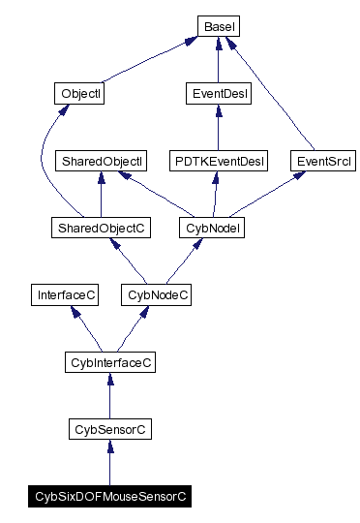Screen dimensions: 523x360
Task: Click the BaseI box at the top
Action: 217,26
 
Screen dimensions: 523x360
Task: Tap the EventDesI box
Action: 217,94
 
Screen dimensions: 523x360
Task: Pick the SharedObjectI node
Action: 102,161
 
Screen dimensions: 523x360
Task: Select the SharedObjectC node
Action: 102,229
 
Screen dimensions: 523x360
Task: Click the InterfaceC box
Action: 64,295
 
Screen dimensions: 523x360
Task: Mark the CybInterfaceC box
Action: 109,363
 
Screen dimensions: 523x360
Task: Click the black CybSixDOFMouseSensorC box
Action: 109,498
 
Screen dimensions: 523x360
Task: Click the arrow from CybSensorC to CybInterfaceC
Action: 109,397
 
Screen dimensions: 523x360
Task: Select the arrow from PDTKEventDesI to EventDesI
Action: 217,128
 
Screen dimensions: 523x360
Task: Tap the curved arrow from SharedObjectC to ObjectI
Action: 44,160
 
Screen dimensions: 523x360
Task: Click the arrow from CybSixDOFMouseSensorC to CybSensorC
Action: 109,464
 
